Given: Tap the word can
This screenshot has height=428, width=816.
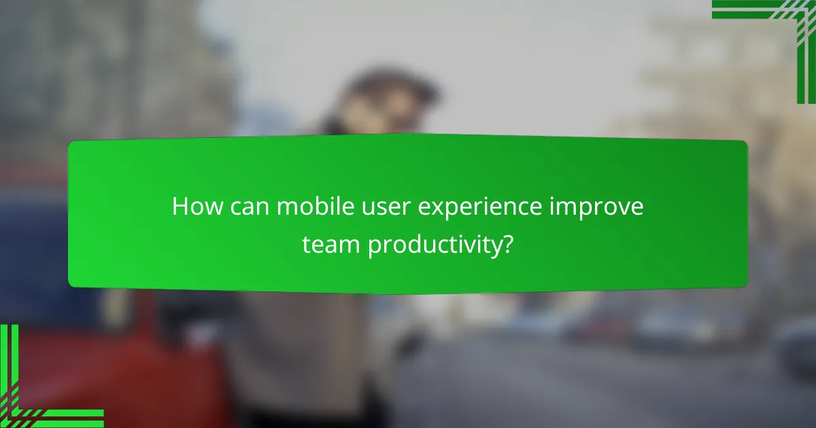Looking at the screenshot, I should point(249,207).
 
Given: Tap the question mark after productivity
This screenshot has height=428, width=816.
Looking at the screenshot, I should point(507,245).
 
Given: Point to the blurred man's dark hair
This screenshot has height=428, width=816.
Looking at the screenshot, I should point(394,88).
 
